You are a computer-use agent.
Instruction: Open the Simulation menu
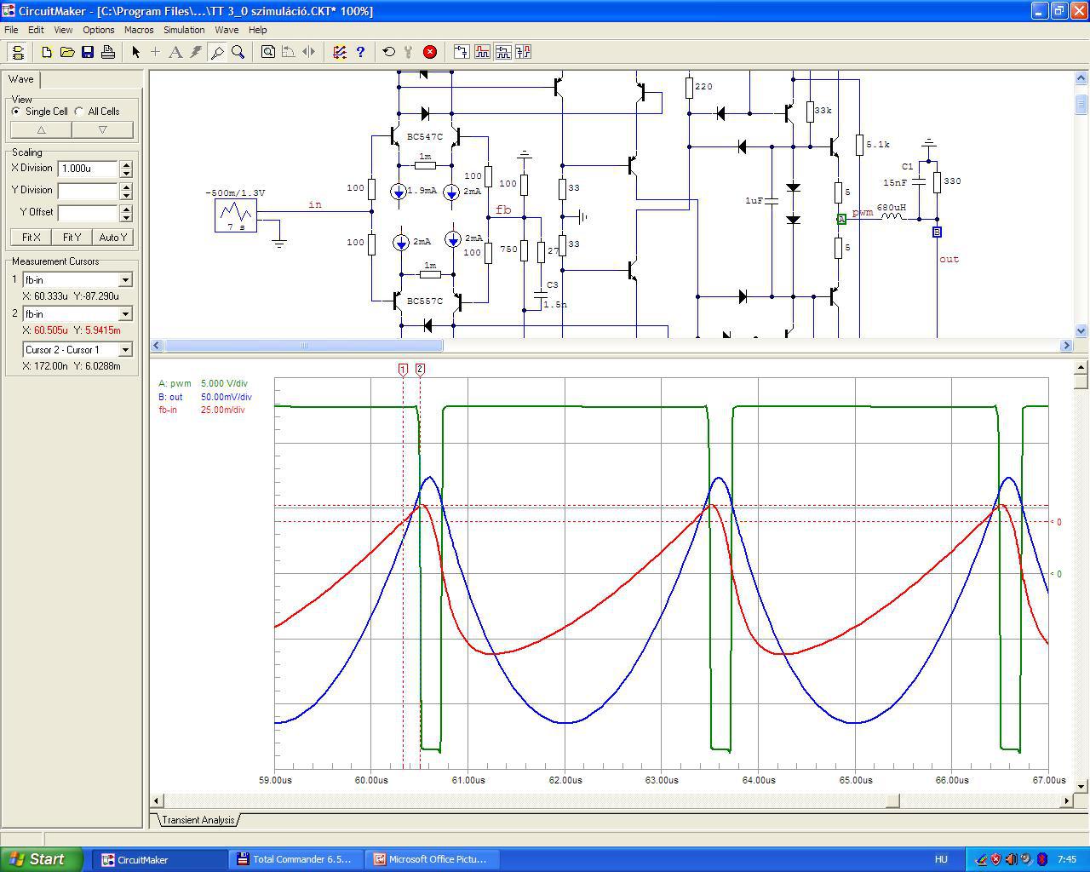(x=184, y=30)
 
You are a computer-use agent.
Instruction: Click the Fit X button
(x=31, y=237)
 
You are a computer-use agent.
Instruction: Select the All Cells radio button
(x=79, y=111)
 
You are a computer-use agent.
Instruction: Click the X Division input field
(x=88, y=169)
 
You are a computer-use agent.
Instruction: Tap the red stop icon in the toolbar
(x=429, y=52)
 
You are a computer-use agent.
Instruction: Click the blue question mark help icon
(x=360, y=52)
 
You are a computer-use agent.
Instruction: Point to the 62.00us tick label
(x=565, y=780)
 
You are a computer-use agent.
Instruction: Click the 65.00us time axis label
(x=856, y=780)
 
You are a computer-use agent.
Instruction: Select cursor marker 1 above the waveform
(x=403, y=370)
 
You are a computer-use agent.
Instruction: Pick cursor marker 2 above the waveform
(x=420, y=370)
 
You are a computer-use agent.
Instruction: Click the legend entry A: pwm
(x=175, y=383)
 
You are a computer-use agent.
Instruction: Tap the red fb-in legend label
(x=168, y=410)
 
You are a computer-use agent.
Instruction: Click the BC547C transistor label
(x=424, y=137)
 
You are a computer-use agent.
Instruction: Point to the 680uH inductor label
(x=891, y=207)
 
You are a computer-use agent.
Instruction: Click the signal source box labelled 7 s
(x=236, y=215)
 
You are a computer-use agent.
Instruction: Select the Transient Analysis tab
(x=198, y=820)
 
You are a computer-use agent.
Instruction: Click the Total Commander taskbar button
(x=295, y=859)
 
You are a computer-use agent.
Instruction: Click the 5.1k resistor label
(x=878, y=145)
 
